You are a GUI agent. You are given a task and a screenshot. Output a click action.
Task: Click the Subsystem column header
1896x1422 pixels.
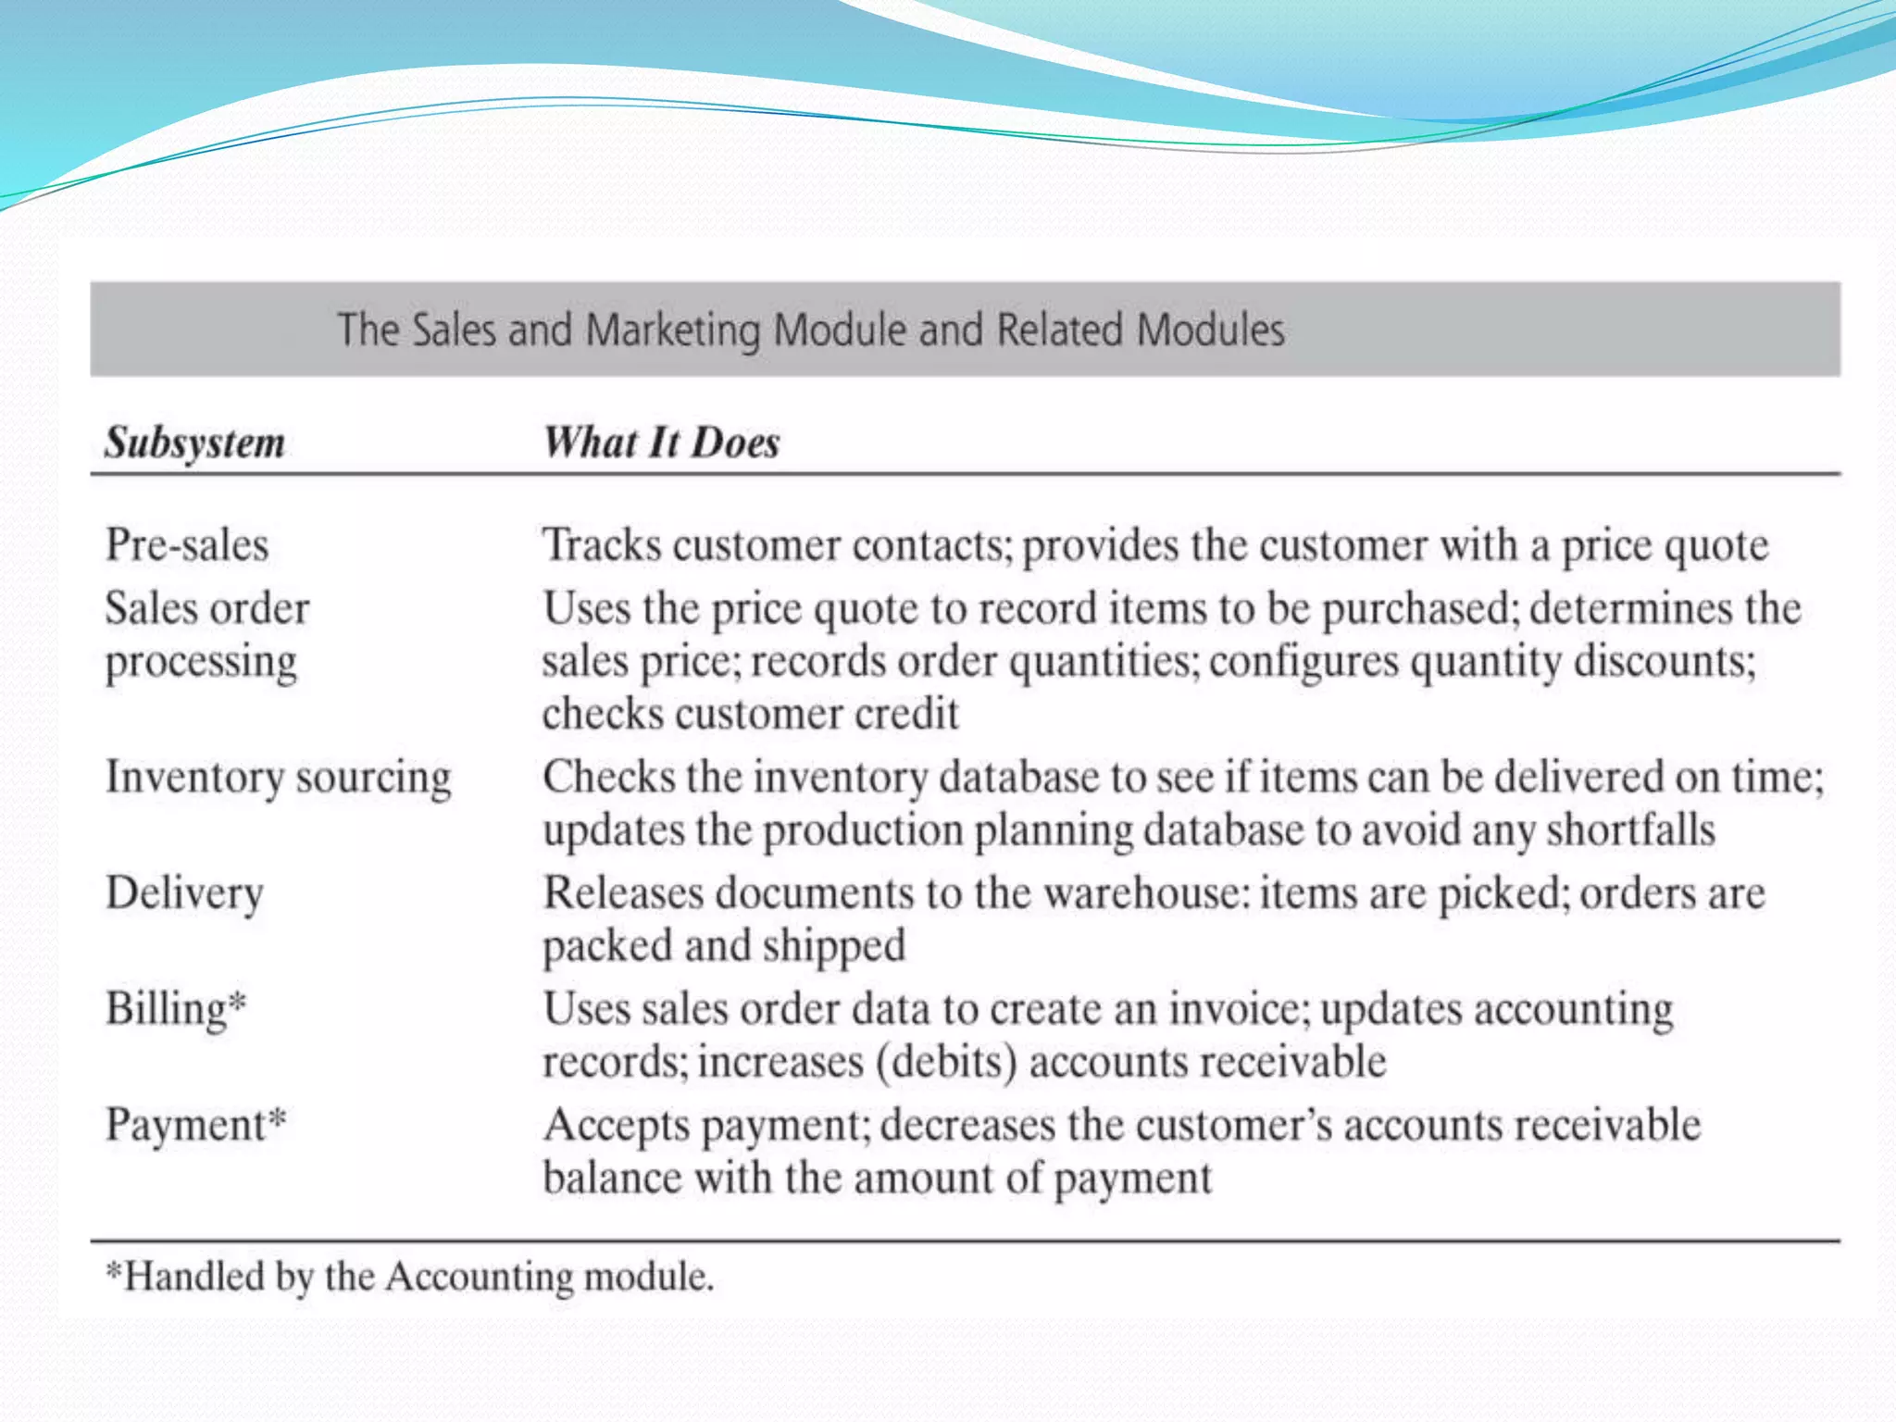[194, 443]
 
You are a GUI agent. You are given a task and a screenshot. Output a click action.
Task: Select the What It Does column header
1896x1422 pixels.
[661, 443]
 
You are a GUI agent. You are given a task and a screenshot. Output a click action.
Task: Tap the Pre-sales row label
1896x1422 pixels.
[187, 544]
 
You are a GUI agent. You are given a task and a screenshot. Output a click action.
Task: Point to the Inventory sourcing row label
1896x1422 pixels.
[278, 777]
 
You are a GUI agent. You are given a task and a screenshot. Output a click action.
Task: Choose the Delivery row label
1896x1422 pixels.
[184, 893]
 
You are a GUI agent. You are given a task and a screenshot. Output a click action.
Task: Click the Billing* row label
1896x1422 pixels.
[176, 1009]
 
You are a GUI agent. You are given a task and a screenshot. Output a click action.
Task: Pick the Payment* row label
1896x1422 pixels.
[195, 1126]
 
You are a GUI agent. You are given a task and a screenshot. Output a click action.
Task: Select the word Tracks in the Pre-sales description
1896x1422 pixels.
[602, 544]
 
